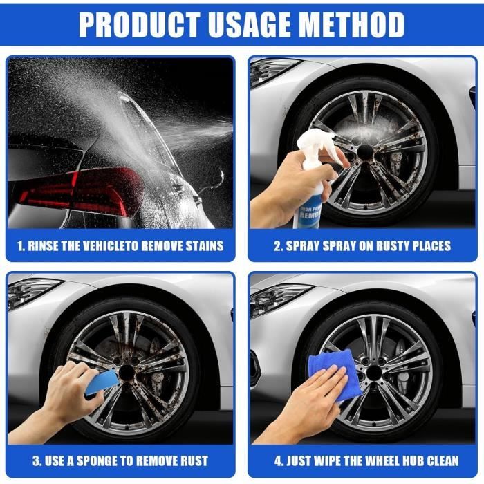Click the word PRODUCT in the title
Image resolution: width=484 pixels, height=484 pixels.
pos(139,25)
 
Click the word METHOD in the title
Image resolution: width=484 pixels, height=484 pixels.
pos(352,25)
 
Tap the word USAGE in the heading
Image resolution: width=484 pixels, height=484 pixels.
pos(250,25)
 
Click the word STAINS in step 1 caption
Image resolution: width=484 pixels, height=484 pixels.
pos(205,246)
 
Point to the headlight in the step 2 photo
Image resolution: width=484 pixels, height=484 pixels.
pos(272,72)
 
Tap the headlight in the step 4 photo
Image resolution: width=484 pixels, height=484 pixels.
pos(278,299)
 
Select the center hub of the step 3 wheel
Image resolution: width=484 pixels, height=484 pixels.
pos(127,373)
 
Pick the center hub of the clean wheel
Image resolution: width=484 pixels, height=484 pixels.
pos(375,372)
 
